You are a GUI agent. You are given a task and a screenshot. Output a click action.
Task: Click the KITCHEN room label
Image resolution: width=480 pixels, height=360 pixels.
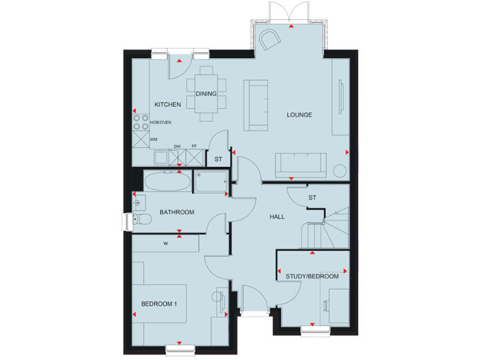coord(168,104)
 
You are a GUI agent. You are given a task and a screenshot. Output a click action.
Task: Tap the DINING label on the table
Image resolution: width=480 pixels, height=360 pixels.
coord(206,94)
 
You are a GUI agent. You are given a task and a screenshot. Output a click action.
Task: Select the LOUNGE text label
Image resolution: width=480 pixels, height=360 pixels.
coord(299,115)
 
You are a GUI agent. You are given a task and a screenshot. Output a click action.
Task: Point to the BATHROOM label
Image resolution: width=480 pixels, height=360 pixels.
coord(177,212)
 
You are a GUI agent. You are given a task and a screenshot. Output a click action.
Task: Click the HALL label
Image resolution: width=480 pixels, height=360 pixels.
coord(277,217)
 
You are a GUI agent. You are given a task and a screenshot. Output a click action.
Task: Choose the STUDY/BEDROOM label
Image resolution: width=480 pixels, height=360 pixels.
coord(312,276)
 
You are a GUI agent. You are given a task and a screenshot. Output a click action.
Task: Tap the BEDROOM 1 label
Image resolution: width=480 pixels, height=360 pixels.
coord(159,304)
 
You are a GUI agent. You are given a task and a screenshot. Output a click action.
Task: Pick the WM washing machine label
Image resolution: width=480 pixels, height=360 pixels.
coord(153,139)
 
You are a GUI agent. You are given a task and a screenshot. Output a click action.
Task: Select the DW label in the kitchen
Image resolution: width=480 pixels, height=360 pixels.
coord(177,146)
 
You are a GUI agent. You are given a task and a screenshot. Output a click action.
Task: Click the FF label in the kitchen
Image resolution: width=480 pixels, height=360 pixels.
coord(194,146)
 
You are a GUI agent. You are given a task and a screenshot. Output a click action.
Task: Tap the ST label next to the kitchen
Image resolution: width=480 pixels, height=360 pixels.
coord(218,159)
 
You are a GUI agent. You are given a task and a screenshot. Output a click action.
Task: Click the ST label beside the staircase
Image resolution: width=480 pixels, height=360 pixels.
coord(312,198)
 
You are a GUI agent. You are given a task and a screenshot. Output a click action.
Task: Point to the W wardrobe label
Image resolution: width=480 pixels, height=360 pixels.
coord(166,244)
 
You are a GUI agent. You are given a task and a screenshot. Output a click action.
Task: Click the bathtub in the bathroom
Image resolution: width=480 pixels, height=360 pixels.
coord(167,182)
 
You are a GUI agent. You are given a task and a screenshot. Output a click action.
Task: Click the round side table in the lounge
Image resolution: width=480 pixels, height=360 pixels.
coord(341,171)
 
